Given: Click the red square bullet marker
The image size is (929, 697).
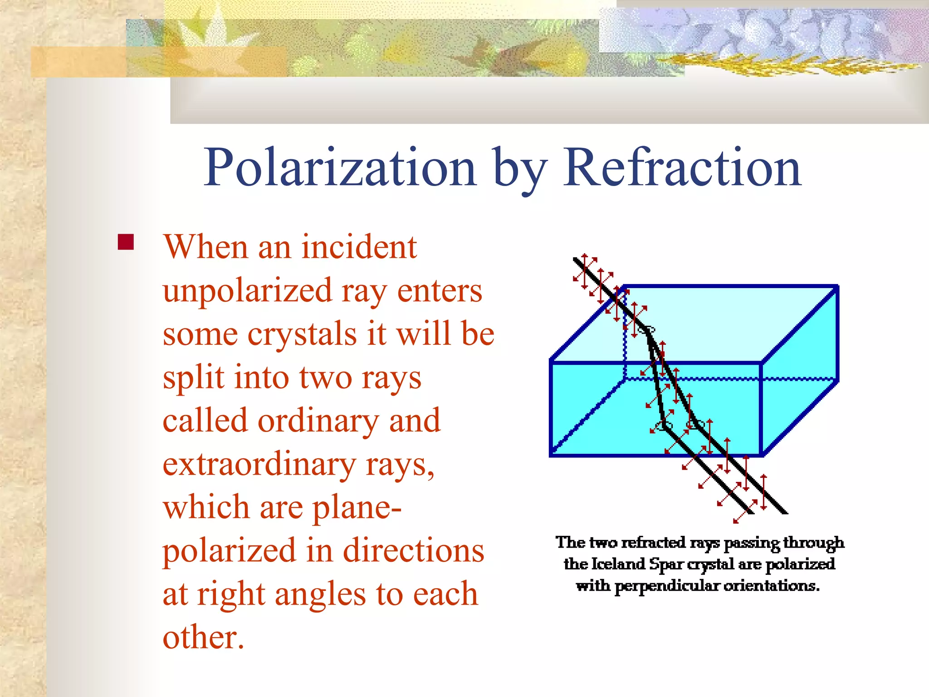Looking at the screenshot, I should coord(126,242).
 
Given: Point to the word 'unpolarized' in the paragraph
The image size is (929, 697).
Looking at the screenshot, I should coord(247,292).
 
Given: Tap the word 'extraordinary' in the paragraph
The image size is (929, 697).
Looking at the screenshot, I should coord(259,465).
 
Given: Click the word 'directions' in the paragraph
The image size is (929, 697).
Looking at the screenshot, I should coord(413,550).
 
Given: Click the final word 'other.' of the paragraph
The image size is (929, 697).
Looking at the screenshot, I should coord(203,638).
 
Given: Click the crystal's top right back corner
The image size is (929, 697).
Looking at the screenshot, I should coord(837,286).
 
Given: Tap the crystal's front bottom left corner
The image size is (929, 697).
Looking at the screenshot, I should coord(551,455).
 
